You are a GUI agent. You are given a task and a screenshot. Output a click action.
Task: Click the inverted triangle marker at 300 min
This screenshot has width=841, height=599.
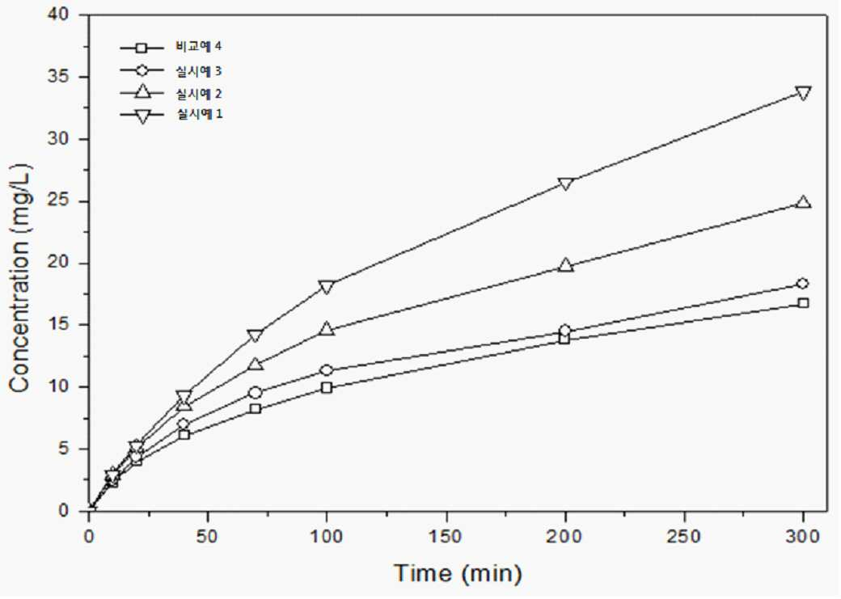[x=803, y=93]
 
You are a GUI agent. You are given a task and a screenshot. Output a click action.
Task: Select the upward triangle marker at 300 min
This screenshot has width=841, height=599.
[x=803, y=201]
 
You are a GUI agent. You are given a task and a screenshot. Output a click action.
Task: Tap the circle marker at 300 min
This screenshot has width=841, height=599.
[x=803, y=283]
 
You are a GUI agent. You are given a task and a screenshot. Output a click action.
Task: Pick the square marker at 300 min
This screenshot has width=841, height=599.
[x=803, y=303]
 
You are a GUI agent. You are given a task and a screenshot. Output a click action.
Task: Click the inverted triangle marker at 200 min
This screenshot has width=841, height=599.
[x=565, y=183]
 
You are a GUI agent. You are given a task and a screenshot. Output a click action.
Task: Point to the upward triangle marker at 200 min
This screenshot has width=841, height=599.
[x=565, y=264]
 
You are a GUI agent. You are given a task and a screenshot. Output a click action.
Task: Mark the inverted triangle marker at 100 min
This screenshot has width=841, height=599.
[x=327, y=287]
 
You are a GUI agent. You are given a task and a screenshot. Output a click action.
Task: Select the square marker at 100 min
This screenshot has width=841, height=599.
[x=327, y=387]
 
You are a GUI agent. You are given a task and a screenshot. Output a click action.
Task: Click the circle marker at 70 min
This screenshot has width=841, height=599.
[x=256, y=393]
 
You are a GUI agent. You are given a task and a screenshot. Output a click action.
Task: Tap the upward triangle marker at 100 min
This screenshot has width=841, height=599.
[x=327, y=329]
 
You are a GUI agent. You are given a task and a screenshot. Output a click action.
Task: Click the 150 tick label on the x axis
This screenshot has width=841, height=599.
[x=446, y=536]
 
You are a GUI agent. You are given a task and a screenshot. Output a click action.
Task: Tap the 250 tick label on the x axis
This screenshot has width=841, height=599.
[x=684, y=536]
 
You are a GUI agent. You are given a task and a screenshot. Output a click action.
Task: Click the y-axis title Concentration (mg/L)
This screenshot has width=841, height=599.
[x=20, y=278]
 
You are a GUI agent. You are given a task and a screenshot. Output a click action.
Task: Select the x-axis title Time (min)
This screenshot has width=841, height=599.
[x=458, y=573]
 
